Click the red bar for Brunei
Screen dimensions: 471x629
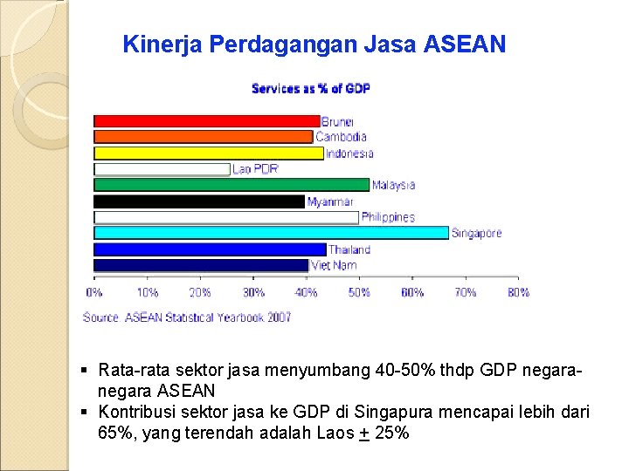point(206,120)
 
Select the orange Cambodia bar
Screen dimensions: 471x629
point(203,136)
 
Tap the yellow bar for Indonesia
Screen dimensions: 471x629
point(208,153)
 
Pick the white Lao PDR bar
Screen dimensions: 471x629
point(162,169)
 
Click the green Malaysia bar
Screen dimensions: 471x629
point(232,185)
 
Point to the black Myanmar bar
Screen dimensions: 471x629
point(199,201)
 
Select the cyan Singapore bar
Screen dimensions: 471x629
point(271,233)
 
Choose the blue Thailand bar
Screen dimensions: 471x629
point(210,249)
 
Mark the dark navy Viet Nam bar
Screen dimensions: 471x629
point(201,265)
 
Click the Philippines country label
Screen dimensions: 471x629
point(388,217)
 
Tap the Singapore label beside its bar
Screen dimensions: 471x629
point(477,233)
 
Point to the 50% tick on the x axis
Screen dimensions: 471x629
point(359,292)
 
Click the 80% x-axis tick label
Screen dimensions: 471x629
point(518,292)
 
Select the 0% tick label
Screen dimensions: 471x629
point(93,292)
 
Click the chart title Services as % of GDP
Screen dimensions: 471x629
point(310,88)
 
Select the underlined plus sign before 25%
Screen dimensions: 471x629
point(364,433)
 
